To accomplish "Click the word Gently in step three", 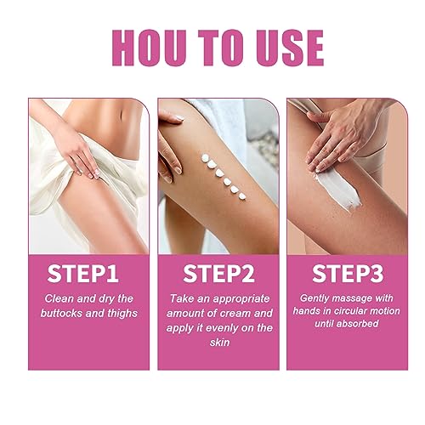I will pos(316,299).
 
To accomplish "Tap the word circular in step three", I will pos(354,314).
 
